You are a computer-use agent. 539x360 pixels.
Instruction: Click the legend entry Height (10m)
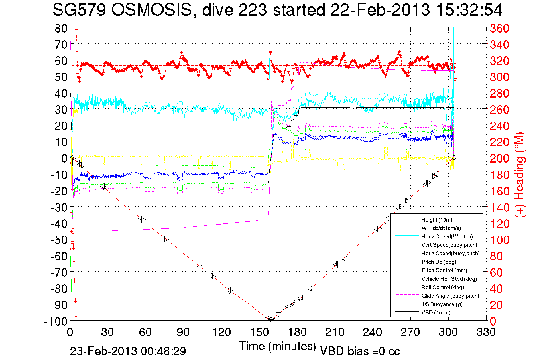coord(437,220)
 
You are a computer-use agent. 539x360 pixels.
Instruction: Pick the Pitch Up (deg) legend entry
coord(439,262)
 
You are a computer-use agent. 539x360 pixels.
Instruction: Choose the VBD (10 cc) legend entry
coord(436,312)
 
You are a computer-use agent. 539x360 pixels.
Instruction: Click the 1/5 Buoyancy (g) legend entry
coord(442,304)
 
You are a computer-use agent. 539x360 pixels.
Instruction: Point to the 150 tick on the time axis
coord(259,332)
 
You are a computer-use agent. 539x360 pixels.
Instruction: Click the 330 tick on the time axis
coord(486,332)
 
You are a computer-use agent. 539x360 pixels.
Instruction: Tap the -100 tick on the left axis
coord(56,321)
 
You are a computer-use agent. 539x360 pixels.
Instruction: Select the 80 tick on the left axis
coord(61,28)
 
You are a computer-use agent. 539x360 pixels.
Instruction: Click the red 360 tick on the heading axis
coord(499,28)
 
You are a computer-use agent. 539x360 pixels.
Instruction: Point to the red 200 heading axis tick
coord(499,158)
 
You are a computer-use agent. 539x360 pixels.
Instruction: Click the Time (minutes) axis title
coord(277,346)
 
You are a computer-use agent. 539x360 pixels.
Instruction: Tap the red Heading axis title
coord(520,175)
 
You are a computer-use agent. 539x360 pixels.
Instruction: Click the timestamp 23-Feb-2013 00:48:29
coord(128,351)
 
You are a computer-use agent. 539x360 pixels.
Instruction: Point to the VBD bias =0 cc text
coord(360,351)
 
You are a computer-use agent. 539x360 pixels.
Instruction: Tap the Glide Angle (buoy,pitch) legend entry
coord(450,296)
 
